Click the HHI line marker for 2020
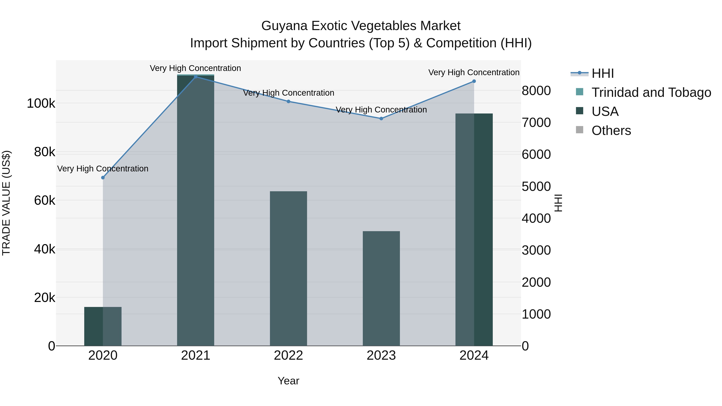(x=103, y=178)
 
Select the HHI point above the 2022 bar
(x=288, y=101)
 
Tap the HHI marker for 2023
(x=381, y=118)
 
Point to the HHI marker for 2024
(x=474, y=81)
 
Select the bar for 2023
(x=381, y=288)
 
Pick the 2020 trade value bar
(x=103, y=326)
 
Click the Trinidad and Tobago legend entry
(x=651, y=92)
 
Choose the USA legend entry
(x=605, y=111)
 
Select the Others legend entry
(x=611, y=131)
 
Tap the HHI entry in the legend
(x=603, y=73)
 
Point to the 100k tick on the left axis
(x=41, y=104)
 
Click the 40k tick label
(x=45, y=249)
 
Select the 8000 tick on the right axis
(x=536, y=91)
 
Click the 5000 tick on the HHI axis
(x=536, y=187)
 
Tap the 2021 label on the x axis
(x=196, y=355)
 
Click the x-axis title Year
(x=288, y=381)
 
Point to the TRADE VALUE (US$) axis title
(x=6, y=203)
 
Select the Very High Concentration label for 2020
(x=103, y=169)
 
